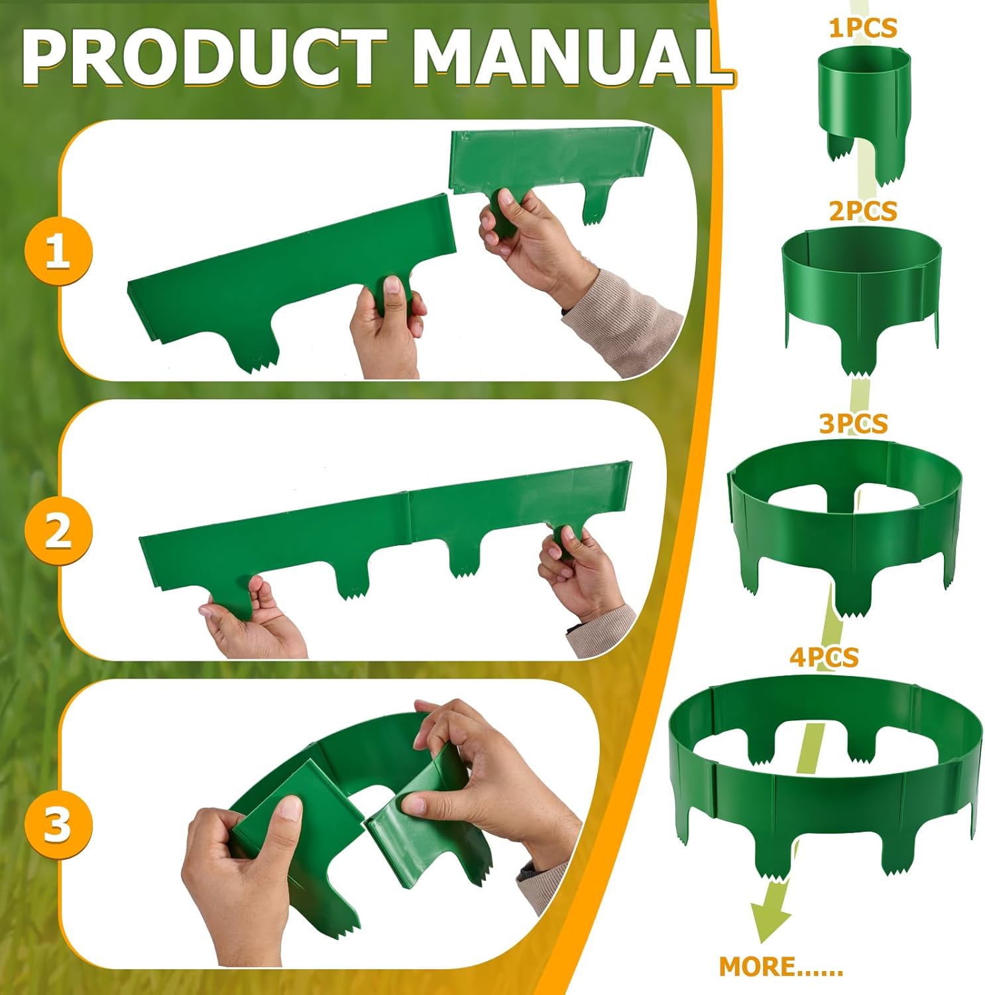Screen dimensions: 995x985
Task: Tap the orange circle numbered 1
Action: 58,252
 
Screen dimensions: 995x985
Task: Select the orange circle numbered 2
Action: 58,531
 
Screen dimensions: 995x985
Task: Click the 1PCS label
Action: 862,28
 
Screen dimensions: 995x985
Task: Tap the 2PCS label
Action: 862,211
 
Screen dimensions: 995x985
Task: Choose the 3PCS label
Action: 853,423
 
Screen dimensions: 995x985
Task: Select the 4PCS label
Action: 823,657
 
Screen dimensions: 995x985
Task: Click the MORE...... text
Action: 780,966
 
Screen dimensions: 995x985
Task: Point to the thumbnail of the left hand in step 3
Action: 290,808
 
